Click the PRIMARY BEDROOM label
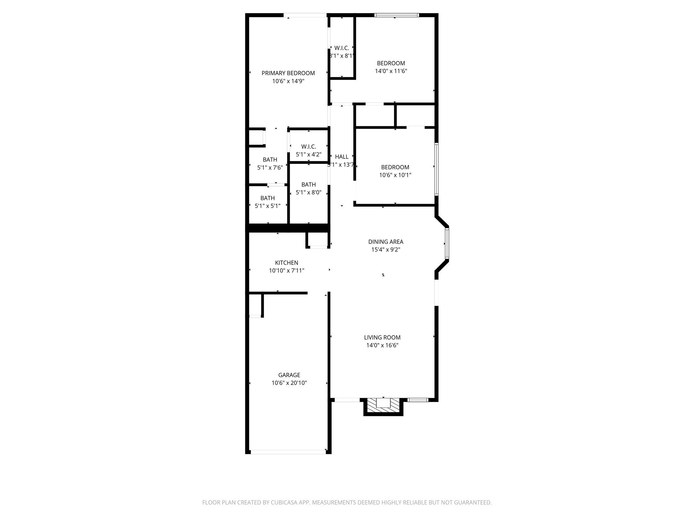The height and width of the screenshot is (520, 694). [x=288, y=73]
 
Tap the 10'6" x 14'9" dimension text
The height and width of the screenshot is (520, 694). [x=288, y=81]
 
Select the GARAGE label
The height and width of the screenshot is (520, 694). [x=289, y=375]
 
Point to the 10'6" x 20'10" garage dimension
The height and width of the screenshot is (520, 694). [x=289, y=383]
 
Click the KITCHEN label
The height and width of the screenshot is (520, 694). [x=286, y=263]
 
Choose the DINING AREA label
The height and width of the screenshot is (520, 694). [x=386, y=242]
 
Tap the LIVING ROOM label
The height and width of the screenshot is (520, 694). [x=382, y=338]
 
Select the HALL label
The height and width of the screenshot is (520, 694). [x=342, y=157]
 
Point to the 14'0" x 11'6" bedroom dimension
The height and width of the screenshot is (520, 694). [x=391, y=71]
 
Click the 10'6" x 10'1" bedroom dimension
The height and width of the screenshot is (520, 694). [x=395, y=175]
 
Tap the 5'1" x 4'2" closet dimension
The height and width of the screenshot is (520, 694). [x=308, y=155]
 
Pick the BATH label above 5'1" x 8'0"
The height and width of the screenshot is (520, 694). [x=308, y=185]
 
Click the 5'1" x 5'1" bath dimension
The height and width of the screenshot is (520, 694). [x=267, y=206]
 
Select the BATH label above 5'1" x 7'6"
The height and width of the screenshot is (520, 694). [x=270, y=160]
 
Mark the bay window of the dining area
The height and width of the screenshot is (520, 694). [x=447, y=244]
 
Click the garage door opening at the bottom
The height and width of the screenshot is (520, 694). [x=288, y=452]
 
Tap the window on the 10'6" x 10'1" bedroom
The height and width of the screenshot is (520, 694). [x=436, y=169]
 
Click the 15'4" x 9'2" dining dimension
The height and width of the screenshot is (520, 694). [x=386, y=250]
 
